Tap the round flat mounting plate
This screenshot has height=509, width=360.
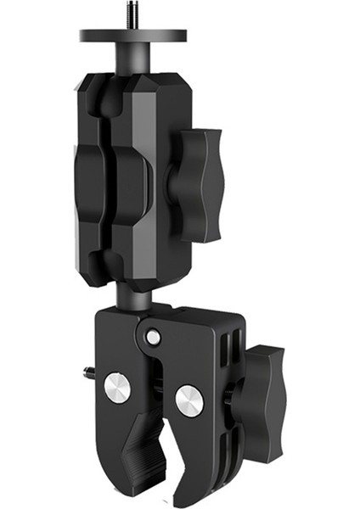[x=133, y=36]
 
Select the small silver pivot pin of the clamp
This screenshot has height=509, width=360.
[x=153, y=337]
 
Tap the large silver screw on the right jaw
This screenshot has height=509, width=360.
[x=189, y=399]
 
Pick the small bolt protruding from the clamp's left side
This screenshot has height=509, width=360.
[x=88, y=371]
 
